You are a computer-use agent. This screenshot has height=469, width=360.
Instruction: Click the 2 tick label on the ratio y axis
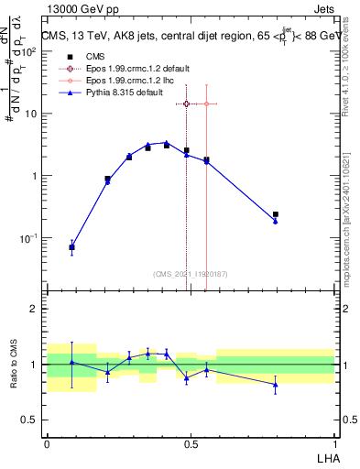click(36, 310)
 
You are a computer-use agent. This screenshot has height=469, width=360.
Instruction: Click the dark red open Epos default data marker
click(187, 104)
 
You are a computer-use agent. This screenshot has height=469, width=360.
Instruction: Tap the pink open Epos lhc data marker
click(206, 104)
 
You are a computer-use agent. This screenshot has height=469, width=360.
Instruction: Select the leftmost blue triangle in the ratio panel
click(72, 363)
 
